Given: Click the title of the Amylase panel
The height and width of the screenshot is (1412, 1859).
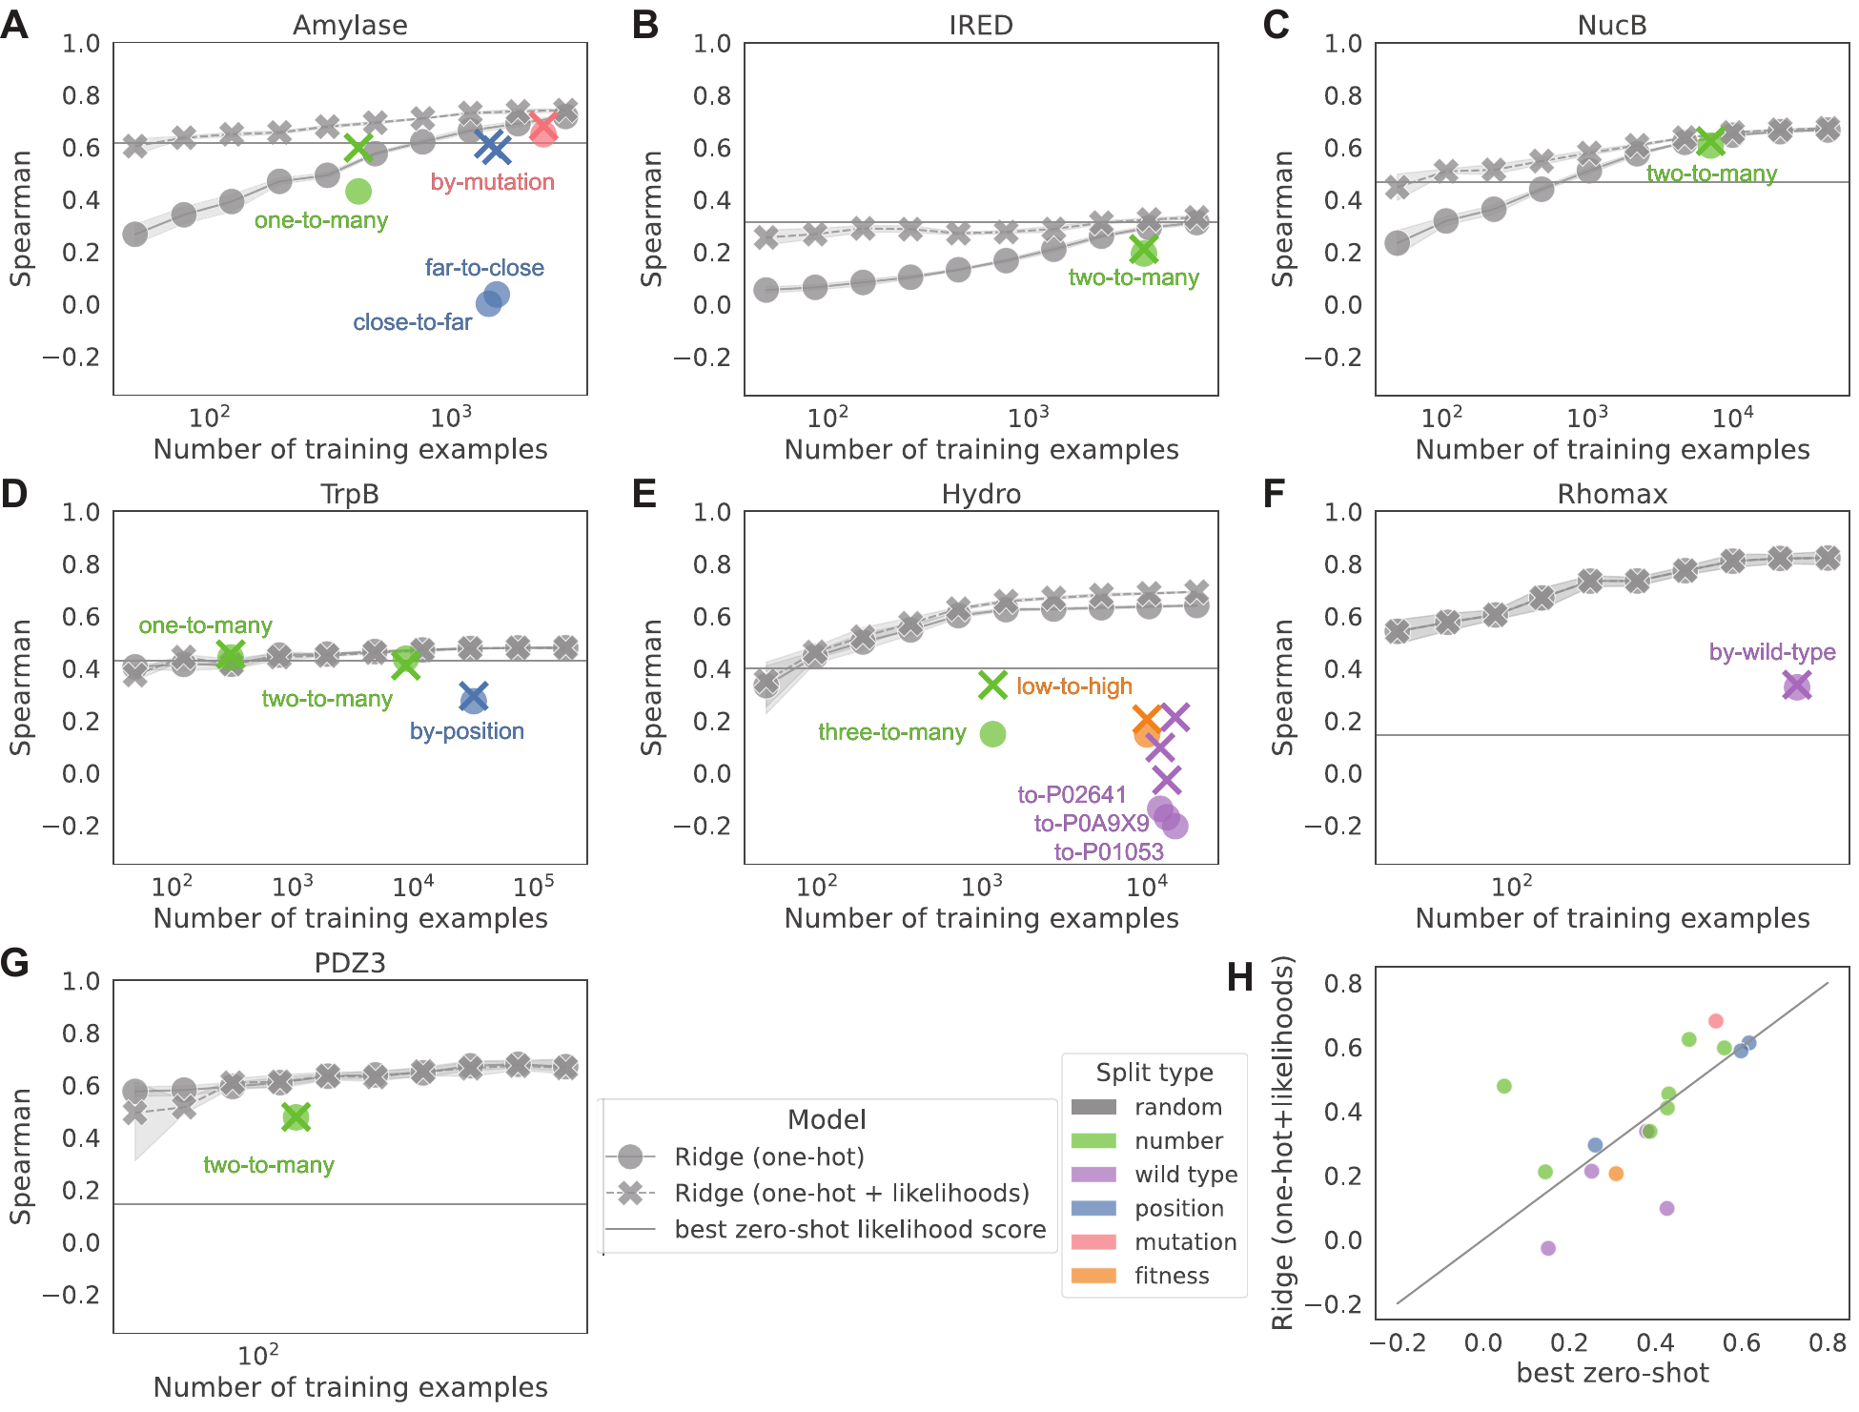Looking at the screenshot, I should [350, 25].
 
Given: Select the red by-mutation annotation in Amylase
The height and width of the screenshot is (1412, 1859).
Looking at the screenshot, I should [492, 182].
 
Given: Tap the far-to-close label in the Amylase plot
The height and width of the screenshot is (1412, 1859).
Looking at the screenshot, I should [484, 268].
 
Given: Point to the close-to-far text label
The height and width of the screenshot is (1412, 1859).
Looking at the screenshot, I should [412, 322].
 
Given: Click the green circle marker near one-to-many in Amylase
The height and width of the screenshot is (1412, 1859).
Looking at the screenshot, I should [358, 192].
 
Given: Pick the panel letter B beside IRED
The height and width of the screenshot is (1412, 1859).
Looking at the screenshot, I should [645, 25].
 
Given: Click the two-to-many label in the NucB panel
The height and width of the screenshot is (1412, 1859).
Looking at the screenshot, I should [1711, 174].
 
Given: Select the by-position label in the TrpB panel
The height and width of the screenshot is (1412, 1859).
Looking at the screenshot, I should [467, 731].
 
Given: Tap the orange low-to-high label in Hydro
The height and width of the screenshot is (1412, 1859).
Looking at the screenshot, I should [1074, 686].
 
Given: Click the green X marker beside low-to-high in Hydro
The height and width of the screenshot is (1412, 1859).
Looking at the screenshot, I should [992, 685].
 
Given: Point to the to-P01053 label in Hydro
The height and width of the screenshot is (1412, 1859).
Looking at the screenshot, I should [1109, 851].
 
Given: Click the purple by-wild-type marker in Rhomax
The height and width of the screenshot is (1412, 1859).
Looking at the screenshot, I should [1796, 686].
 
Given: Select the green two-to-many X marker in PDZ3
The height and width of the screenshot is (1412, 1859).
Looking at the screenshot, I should [296, 1117].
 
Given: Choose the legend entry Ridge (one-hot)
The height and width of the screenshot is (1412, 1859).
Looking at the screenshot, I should [768, 1156].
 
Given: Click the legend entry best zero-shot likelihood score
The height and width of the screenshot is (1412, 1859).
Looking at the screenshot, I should [860, 1229].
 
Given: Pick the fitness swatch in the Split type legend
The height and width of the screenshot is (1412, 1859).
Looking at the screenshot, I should [1093, 1276].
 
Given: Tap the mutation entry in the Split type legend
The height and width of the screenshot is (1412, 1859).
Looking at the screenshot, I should [1185, 1241].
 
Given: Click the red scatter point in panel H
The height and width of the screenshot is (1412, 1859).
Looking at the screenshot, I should [1716, 1021].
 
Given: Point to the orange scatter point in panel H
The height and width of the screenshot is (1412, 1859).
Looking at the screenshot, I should [1616, 1174].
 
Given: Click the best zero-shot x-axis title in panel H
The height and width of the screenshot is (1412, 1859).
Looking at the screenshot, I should [1612, 1373].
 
